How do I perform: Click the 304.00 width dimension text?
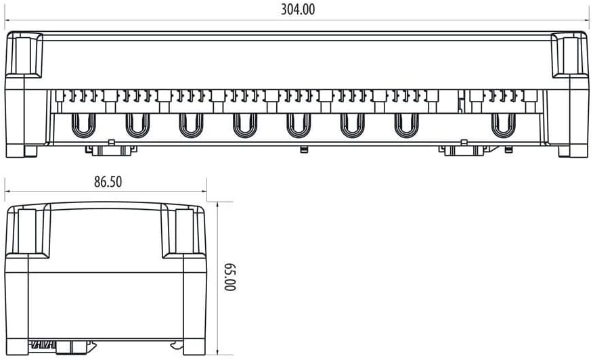click(x=297, y=9)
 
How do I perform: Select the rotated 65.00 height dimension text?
click(x=229, y=277)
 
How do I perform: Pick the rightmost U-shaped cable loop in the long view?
click(x=502, y=125)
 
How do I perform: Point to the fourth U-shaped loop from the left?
click(x=244, y=125)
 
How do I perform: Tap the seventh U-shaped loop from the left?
click(x=405, y=125)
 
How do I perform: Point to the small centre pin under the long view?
click(x=303, y=148)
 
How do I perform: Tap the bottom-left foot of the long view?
click(x=30, y=150)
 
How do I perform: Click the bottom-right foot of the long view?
click(x=564, y=150)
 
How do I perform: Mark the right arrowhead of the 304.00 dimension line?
click(x=586, y=20)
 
